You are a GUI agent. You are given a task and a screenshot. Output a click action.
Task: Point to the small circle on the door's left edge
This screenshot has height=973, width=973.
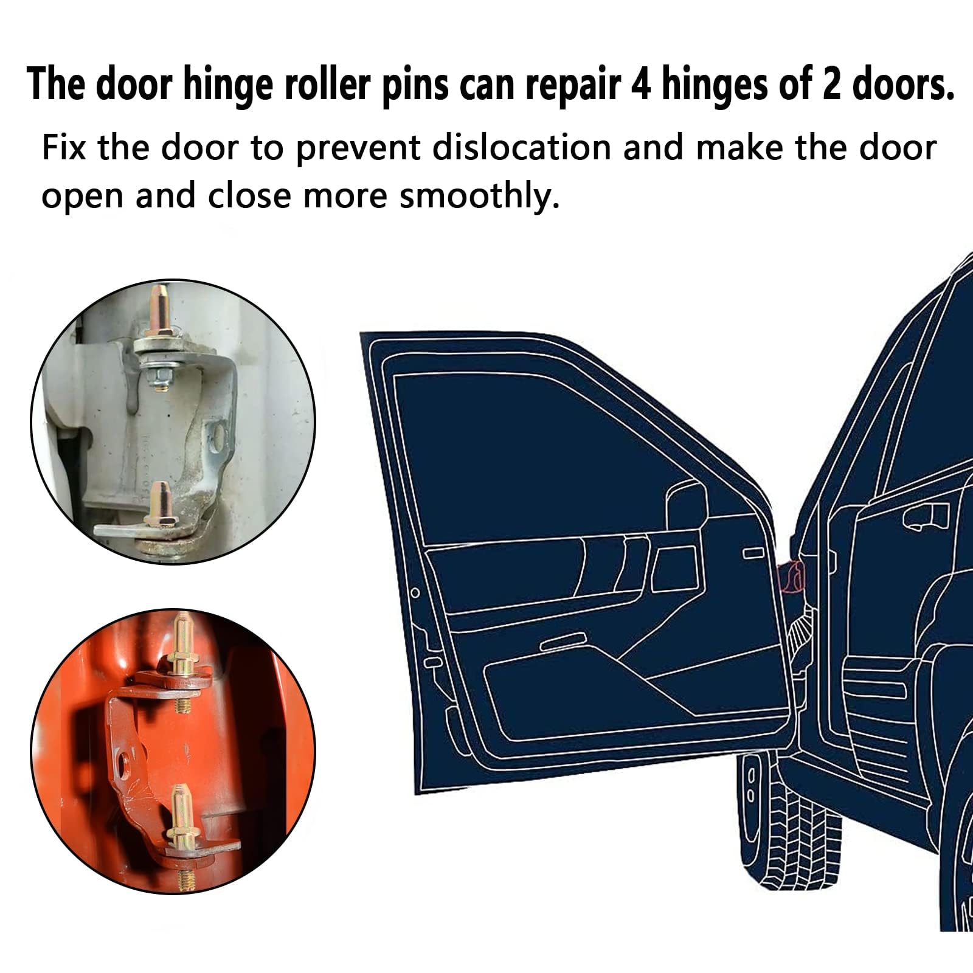(415, 593)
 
